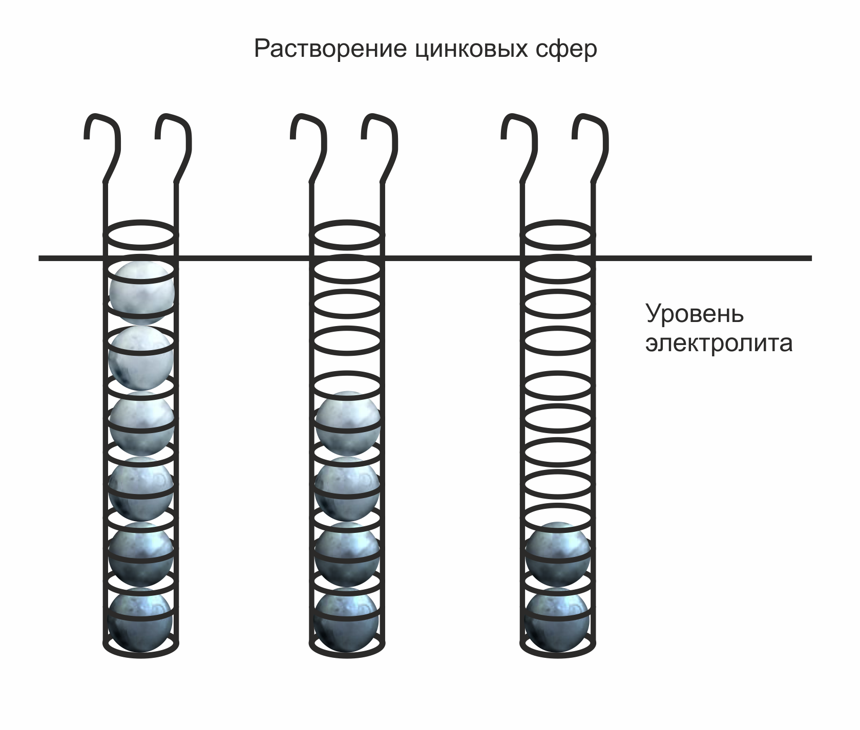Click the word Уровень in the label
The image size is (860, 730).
(x=695, y=314)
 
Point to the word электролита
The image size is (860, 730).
(x=719, y=343)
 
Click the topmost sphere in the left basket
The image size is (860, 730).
(x=142, y=293)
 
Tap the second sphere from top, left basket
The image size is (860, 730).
(x=141, y=358)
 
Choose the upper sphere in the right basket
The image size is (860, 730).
(x=558, y=554)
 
